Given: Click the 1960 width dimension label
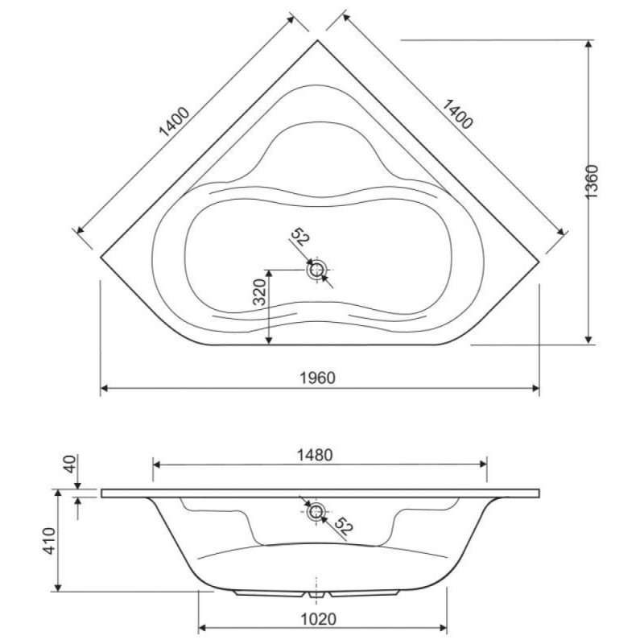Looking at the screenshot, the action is tap(317, 378).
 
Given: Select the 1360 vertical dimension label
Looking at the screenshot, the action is tap(592, 182).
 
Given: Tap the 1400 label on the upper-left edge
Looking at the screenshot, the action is tap(174, 122).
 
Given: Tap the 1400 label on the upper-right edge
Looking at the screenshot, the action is tap(458, 114).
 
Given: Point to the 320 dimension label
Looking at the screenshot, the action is tap(259, 292).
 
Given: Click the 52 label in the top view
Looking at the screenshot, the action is tap(299, 237).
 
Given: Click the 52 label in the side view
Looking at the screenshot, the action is tap(343, 526).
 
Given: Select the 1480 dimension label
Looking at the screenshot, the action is tap(315, 455).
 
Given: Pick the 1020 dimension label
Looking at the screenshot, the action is tap(319, 619).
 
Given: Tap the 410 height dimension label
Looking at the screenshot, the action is tap(49, 541).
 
